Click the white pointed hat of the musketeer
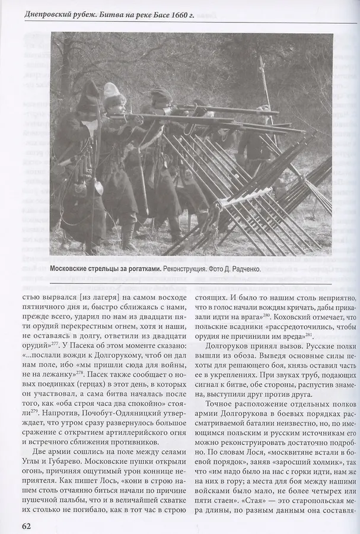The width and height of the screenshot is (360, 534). point(111,91)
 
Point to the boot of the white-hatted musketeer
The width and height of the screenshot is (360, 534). point(127,240)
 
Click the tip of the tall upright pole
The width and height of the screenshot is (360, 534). point(261,59)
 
